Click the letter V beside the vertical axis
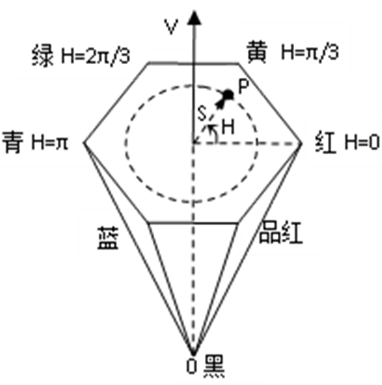click(x=171, y=27)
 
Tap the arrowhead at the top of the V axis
click(x=194, y=18)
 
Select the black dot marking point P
click(x=228, y=95)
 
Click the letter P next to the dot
click(x=243, y=87)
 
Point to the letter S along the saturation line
click(x=202, y=113)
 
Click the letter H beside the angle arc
click(x=228, y=127)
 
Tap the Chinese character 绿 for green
click(x=43, y=56)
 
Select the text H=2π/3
click(x=96, y=56)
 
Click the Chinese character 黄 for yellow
click(x=257, y=52)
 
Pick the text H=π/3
click(x=310, y=52)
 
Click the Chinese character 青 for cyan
click(x=13, y=142)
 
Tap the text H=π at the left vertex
click(x=49, y=143)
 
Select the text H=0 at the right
click(x=362, y=143)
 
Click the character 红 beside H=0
click(x=326, y=143)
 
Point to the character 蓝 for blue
click(x=109, y=238)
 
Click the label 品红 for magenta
click(x=281, y=232)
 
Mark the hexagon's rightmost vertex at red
click(x=301, y=143)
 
